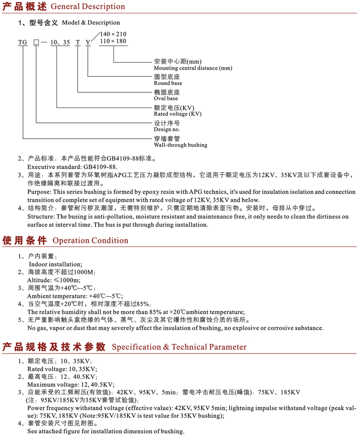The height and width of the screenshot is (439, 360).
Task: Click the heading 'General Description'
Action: [x=87, y=7]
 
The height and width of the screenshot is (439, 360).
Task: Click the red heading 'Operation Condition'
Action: [x=90, y=241]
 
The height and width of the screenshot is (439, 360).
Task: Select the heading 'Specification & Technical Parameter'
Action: [x=179, y=347]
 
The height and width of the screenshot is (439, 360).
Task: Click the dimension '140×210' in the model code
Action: [x=112, y=34]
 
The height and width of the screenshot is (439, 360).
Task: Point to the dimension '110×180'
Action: [x=112, y=41]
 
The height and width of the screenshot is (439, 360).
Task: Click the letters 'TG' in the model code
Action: [x=23, y=43]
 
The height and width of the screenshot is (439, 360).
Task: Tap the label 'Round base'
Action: [x=168, y=83]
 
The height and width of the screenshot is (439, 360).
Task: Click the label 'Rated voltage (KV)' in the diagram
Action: [x=177, y=114]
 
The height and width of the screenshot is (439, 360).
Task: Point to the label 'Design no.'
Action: [x=167, y=129]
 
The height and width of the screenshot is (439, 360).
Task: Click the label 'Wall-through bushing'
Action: [x=180, y=145]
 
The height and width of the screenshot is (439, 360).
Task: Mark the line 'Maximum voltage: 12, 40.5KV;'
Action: [x=71, y=384]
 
